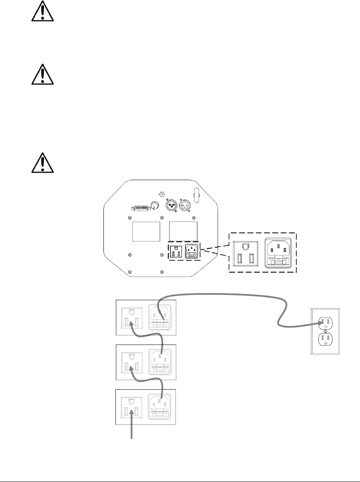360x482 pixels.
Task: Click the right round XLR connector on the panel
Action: click(x=185, y=205)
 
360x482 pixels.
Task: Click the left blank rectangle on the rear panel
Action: click(x=146, y=231)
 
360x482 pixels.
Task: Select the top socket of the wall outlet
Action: click(x=325, y=322)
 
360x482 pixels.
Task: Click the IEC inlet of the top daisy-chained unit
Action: click(x=161, y=317)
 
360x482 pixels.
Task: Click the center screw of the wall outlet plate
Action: click(x=325, y=330)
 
